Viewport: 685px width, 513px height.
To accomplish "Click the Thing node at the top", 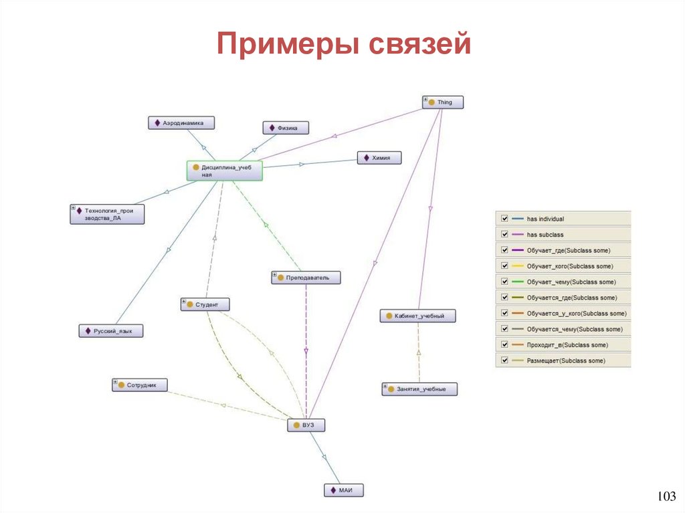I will coord(443,102).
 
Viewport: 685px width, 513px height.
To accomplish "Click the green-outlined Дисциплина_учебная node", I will coord(224,171).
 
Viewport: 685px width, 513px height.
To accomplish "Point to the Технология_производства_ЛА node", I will coord(107,213).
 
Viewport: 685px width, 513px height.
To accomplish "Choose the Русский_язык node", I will coord(110,331).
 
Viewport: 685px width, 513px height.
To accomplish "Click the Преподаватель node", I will coord(306,277).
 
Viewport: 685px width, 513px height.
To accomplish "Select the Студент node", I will coord(205,304).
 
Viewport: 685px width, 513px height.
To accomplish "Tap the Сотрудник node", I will coord(139,385).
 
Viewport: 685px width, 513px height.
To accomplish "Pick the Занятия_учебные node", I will coord(419,389).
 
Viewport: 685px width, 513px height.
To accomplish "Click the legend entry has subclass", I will coord(545,235).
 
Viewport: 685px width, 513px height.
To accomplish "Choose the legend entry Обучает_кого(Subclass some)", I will coord(569,266).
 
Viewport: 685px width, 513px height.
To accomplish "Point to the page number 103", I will coord(666,496).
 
